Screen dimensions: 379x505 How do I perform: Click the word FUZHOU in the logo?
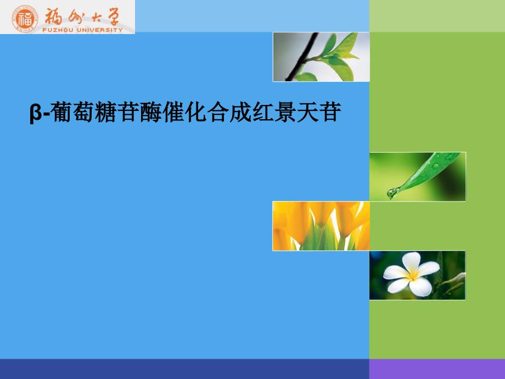[x=57, y=30]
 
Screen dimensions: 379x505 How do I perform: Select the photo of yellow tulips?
[x=321, y=226]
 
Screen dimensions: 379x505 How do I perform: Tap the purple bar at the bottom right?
[x=436, y=369]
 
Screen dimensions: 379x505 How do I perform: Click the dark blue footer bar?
[x=184, y=369]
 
